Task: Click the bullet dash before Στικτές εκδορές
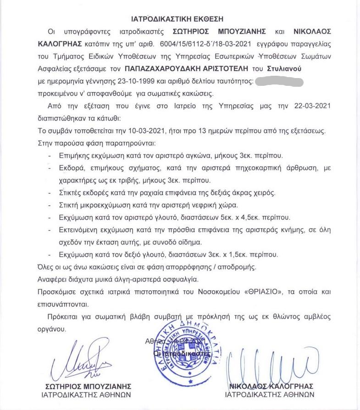pyautogui.click(x=50, y=192)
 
